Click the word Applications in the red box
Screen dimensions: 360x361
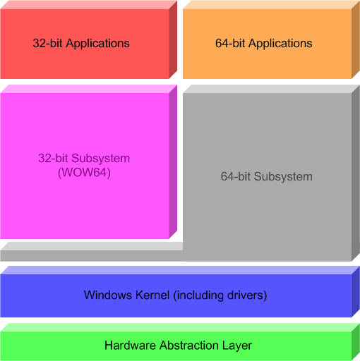(97, 44)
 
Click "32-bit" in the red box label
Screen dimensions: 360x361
(47, 43)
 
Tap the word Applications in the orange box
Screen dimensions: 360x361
(280, 44)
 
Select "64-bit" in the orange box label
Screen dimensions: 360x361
(230, 43)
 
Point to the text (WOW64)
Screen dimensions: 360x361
(84, 173)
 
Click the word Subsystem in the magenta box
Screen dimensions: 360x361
(100, 158)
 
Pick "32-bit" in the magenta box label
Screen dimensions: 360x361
(53, 158)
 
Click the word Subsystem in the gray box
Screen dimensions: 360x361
(283, 176)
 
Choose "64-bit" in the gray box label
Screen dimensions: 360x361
(236, 176)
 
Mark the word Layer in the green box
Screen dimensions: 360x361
(236, 345)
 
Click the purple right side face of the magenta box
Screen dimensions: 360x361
(173, 162)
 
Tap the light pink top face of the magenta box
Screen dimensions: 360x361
(89, 89)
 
